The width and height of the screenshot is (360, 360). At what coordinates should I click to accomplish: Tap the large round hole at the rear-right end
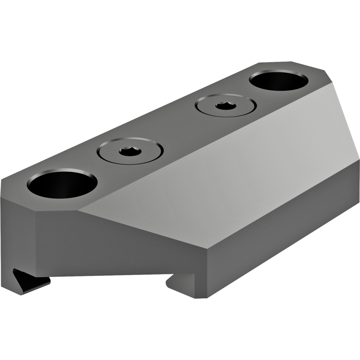pyautogui.click(x=279, y=81)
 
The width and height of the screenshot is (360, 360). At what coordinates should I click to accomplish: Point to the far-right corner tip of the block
pyautogui.click(x=359, y=158)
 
